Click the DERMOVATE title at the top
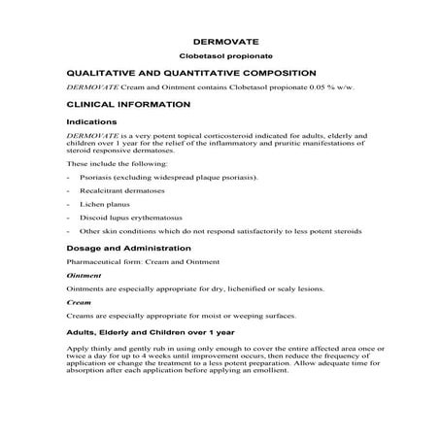point(220,42)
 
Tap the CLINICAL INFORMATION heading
point(122,103)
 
